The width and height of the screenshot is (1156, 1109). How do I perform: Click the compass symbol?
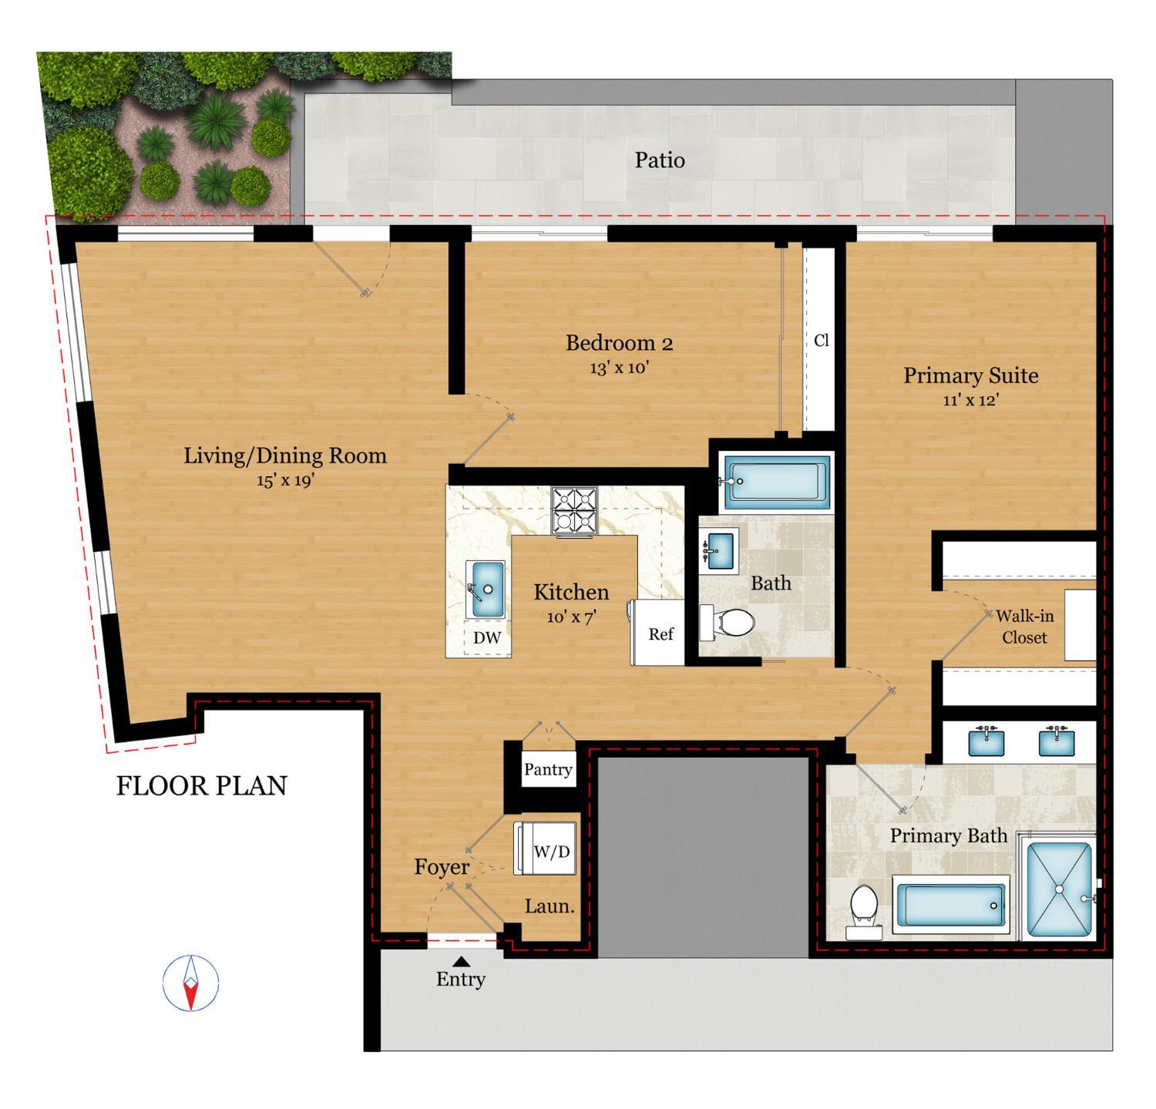point(190,983)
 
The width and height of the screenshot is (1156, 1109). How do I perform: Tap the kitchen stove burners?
point(574,511)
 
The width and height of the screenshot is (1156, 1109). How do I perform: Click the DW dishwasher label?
point(486,637)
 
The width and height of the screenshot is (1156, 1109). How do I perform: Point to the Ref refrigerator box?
point(660,633)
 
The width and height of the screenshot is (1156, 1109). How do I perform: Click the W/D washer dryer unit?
point(551,851)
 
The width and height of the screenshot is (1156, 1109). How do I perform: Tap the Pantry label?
point(548,769)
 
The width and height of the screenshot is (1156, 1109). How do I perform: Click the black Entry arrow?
point(461,961)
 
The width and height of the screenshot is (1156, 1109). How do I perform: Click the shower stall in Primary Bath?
point(1060,889)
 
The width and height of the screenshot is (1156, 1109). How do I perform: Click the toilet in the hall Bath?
point(728,622)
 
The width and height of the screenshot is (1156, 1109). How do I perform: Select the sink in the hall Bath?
point(720,549)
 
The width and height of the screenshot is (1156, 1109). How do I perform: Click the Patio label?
point(660,160)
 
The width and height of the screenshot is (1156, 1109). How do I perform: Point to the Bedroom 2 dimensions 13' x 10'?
point(619,368)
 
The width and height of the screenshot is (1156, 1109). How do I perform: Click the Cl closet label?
point(821,340)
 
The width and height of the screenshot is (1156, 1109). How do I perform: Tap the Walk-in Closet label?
point(1024,627)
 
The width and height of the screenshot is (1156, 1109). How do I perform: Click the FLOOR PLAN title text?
point(202,785)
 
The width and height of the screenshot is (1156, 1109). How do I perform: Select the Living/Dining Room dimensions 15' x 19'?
point(285,480)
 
